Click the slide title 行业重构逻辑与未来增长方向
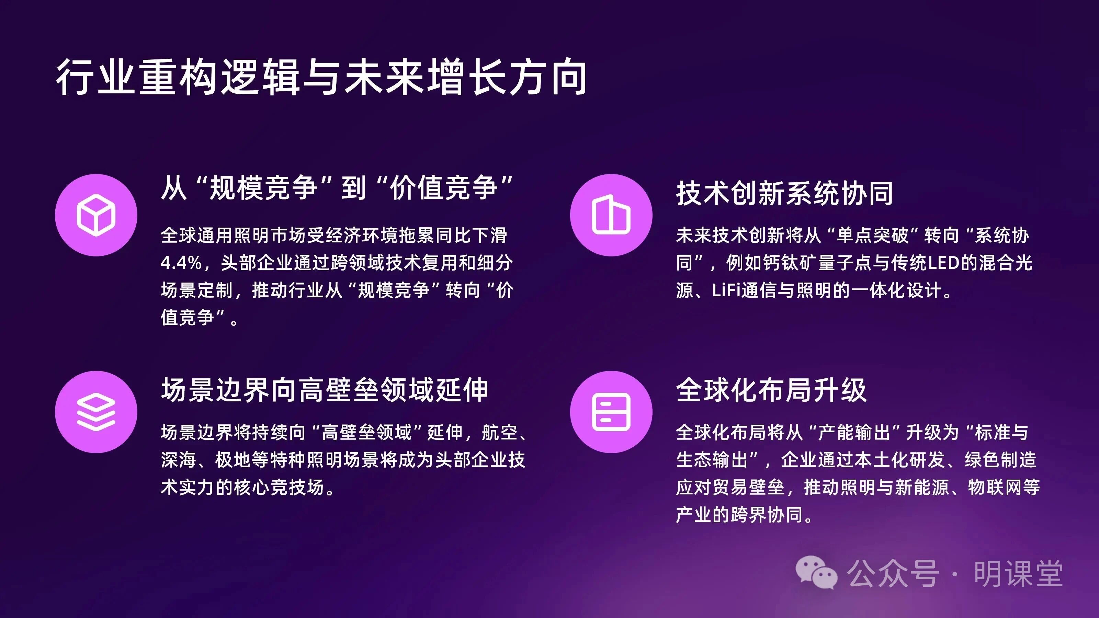tap(321, 77)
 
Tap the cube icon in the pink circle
tap(96, 215)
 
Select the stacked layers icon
tap(96, 412)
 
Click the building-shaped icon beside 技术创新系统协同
tap(611, 215)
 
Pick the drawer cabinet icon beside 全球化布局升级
tap(611, 412)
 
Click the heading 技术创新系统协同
tap(784, 193)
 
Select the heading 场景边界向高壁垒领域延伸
tap(325, 390)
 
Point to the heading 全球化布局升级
tap(771, 390)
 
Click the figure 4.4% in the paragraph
tap(181, 263)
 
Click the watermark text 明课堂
tap(1018, 574)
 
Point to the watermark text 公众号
tap(893, 574)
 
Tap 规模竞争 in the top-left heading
tap(263, 188)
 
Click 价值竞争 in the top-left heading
tap(444, 188)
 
